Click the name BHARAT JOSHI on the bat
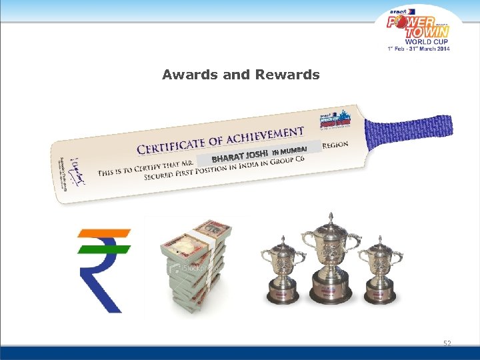239,157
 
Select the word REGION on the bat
335,144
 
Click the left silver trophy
283,270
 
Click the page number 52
447,343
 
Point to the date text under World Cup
418,48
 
